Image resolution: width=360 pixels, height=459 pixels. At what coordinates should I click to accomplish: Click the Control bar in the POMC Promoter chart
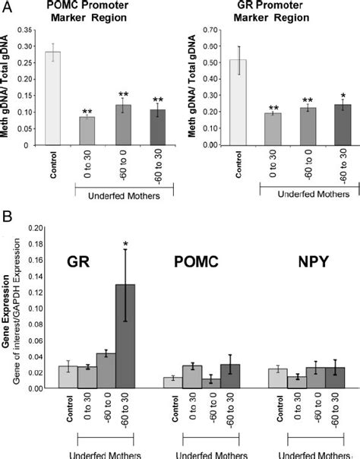click(52, 99)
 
